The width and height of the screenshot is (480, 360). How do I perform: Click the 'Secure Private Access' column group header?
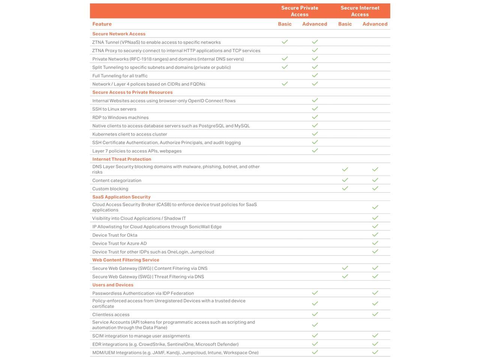pyautogui.click(x=300, y=11)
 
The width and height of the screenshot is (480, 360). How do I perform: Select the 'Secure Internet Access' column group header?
pyautogui.click(x=360, y=11)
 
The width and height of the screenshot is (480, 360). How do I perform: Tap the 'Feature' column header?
pyautogui.click(x=102, y=24)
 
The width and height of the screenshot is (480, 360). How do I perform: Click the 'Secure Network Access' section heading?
pyautogui.click(x=119, y=34)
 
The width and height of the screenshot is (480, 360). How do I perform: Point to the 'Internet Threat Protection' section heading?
pyautogui.click(x=121, y=159)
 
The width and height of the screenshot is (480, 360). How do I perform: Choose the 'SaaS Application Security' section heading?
pyautogui.click(x=121, y=197)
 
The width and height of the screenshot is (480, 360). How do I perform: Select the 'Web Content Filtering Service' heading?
pyautogui.click(x=126, y=260)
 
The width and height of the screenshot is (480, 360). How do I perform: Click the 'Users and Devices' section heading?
pyautogui.click(x=113, y=285)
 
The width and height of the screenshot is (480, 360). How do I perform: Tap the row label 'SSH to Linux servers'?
pyautogui.click(x=114, y=109)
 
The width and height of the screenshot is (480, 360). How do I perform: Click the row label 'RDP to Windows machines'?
pyautogui.click(x=120, y=117)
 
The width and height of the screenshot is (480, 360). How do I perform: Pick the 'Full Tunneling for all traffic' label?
pyautogui.click(x=120, y=76)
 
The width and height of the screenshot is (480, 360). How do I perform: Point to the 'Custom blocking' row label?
pyautogui.click(x=110, y=189)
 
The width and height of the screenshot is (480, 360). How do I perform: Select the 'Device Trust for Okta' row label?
pyautogui.click(x=115, y=235)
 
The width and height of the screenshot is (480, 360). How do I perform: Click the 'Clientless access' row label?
pyautogui.click(x=111, y=315)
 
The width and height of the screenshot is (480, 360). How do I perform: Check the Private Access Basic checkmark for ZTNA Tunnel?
pyautogui.click(x=285, y=42)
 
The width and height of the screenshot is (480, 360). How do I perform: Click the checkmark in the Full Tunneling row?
pyautogui.click(x=315, y=75)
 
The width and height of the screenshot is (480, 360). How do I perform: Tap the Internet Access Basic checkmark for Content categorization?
pyautogui.click(x=345, y=180)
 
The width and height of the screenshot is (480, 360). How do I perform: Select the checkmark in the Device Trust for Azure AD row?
pyautogui.click(x=375, y=243)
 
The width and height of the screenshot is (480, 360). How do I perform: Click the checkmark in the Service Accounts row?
pyautogui.click(x=315, y=325)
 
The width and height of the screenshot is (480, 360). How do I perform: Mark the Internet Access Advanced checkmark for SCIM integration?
pyautogui.click(x=375, y=336)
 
